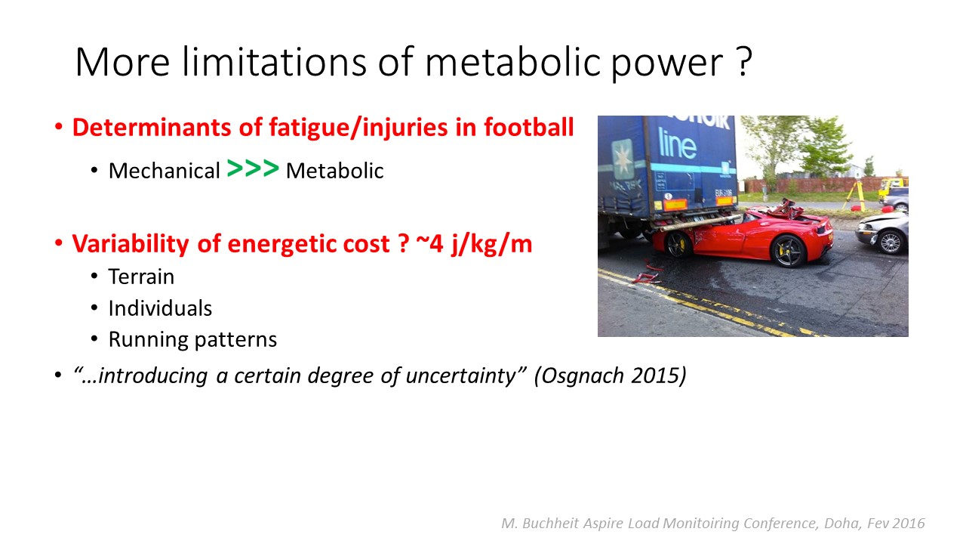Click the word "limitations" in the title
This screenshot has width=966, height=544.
[274, 62]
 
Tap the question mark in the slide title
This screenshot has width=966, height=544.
[743, 62]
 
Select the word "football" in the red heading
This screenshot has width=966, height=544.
[528, 128]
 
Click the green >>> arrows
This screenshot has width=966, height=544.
[253, 168]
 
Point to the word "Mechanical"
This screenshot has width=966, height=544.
[165, 171]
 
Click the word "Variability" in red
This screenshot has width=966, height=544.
[131, 244]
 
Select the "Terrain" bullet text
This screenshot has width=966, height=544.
[141, 277]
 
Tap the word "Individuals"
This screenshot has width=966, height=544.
[160, 308]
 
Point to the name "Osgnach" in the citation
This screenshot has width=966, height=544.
[583, 376]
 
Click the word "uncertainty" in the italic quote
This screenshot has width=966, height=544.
[460, 376]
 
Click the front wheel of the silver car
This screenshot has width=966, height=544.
[890, 243]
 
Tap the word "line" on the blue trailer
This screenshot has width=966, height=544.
[677, 144]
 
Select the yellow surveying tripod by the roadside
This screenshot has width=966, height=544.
[855, 195]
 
